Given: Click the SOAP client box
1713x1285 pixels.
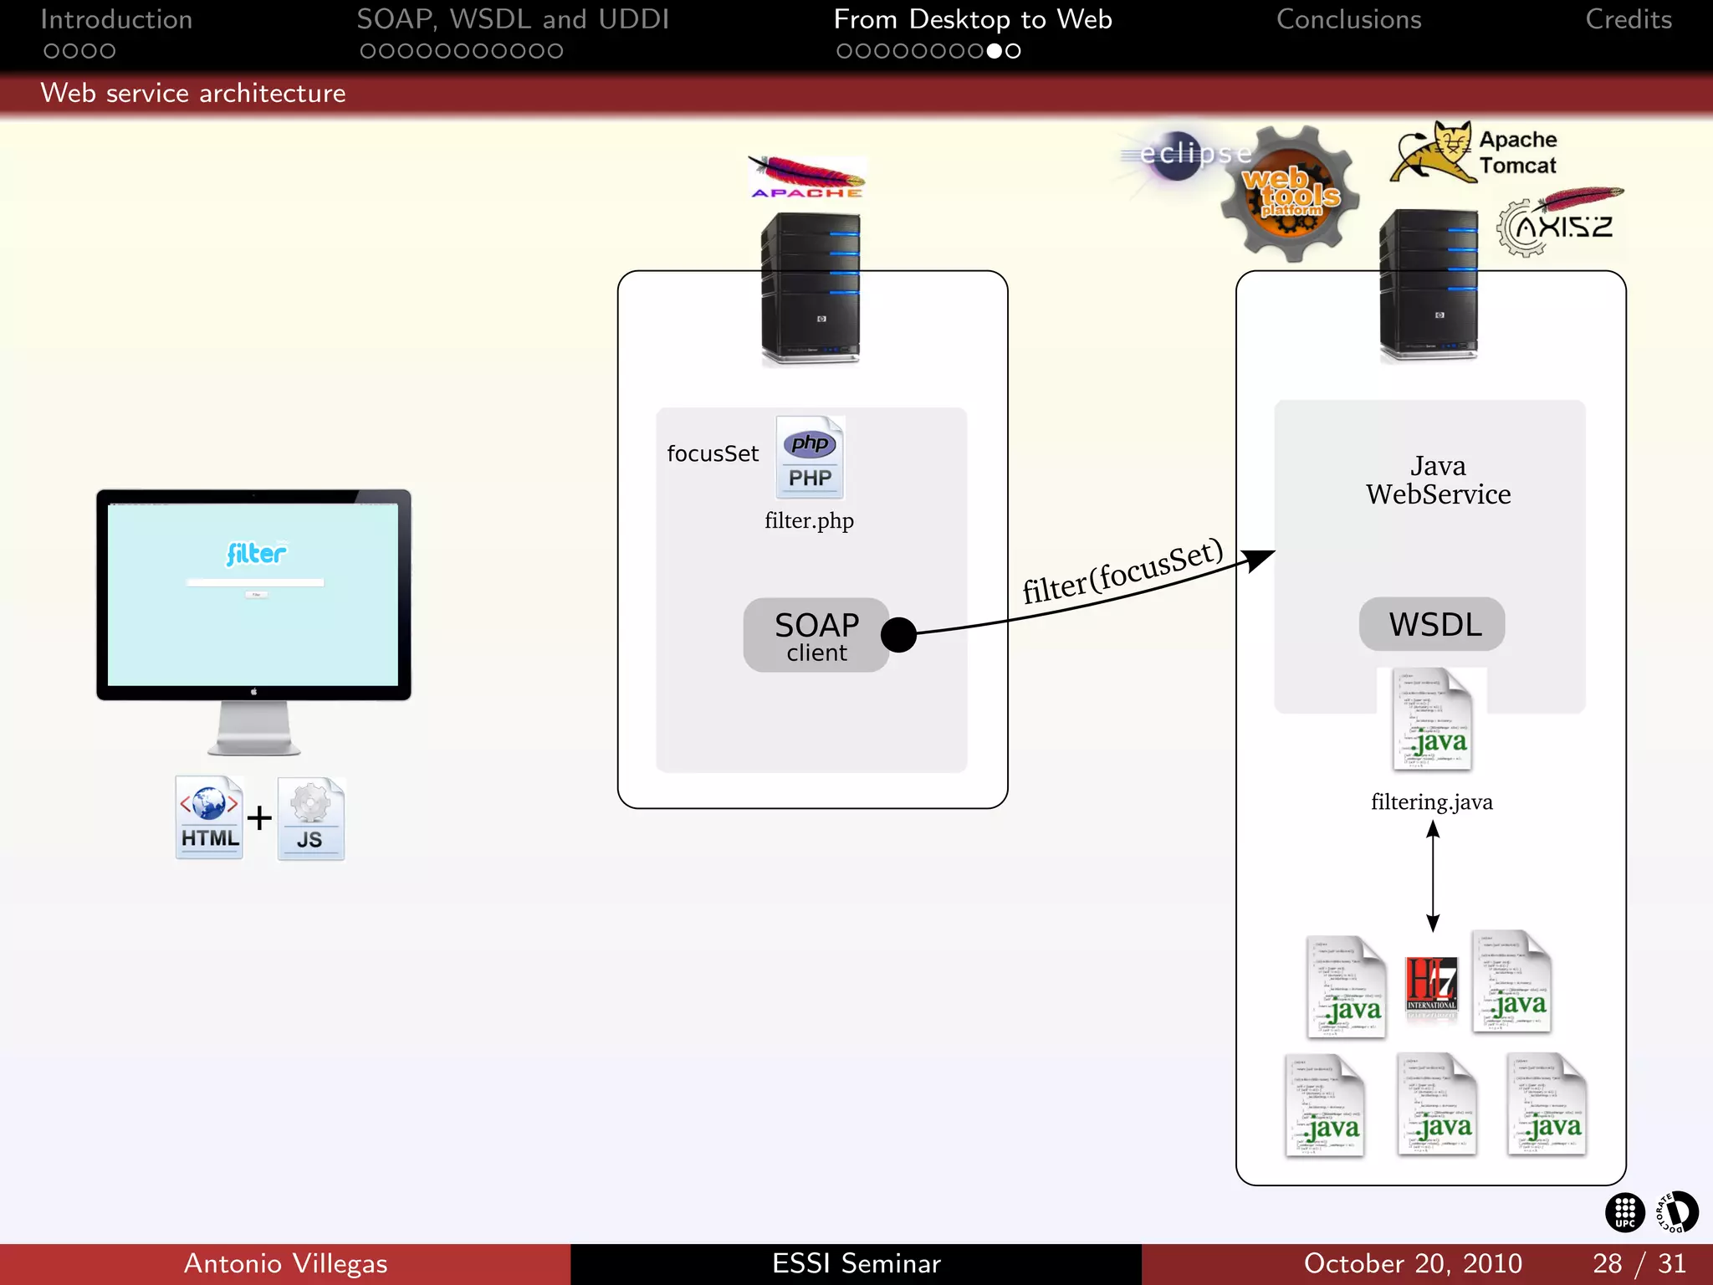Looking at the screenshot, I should (x=816, y=635).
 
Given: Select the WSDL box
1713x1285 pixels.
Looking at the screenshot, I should (x=1432, y=624).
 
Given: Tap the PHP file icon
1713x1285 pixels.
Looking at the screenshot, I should (x=810, y=458).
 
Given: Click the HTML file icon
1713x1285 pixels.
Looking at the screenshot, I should (x=209, y=817).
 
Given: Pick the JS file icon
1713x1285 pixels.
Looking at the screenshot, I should (x=310, y=819).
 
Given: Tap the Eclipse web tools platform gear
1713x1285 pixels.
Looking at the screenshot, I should (x=1290, y=195).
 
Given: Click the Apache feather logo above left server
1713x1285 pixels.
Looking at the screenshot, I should (x=806, y=177).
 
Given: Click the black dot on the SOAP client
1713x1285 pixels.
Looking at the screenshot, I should (x=898, y=635).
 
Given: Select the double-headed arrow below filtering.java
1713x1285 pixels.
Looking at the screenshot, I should (x=1433, y=876).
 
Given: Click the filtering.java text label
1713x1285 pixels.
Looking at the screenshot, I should (x=1431, y=801).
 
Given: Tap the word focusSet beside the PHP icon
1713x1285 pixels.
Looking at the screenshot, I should (x=713, y=453).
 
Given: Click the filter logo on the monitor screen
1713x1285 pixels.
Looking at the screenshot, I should (x=256, y=554).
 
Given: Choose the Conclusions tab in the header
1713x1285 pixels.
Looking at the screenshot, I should (x=1348, y=19).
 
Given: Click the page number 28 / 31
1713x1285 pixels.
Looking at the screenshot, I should (x=1639, y=1263).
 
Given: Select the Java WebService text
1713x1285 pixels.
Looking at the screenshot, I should (x=1438, y=480).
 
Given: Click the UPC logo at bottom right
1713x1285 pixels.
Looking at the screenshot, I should (x=1624, y=1212).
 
